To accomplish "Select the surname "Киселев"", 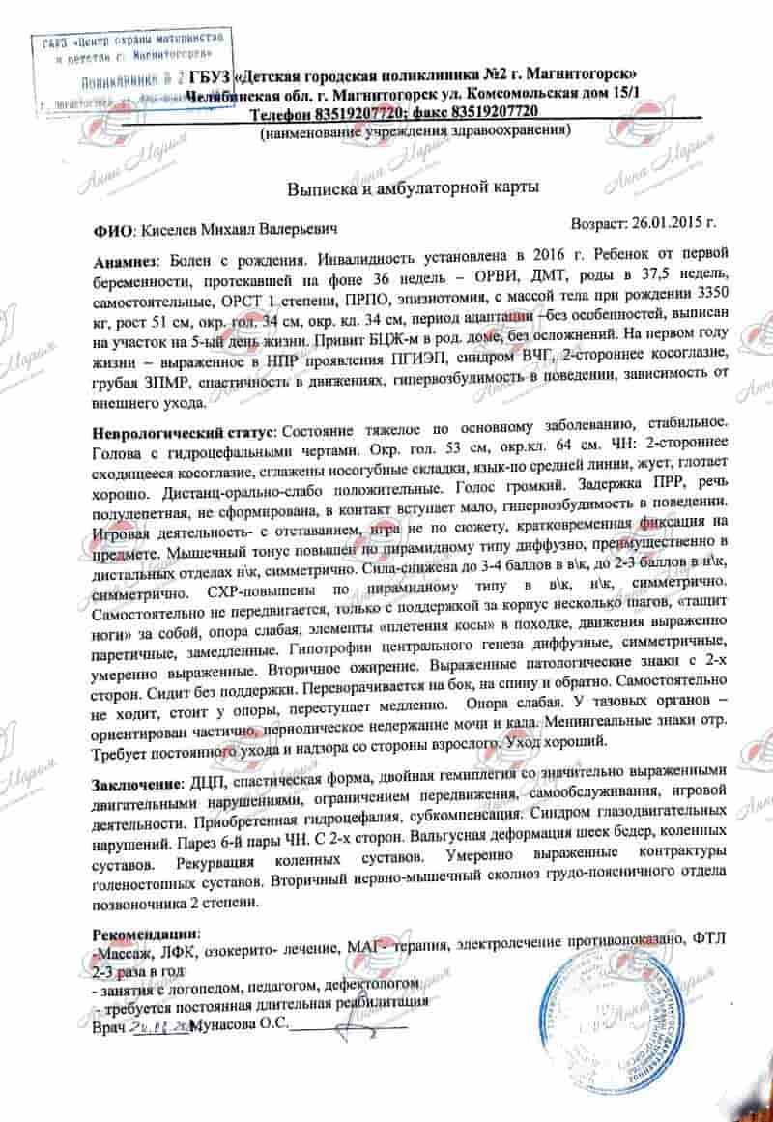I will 171,232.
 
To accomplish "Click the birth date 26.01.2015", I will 673,222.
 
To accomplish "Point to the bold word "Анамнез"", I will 127,263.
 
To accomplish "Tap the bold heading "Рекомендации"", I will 143,935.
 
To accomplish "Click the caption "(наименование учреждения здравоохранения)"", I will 420,130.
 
